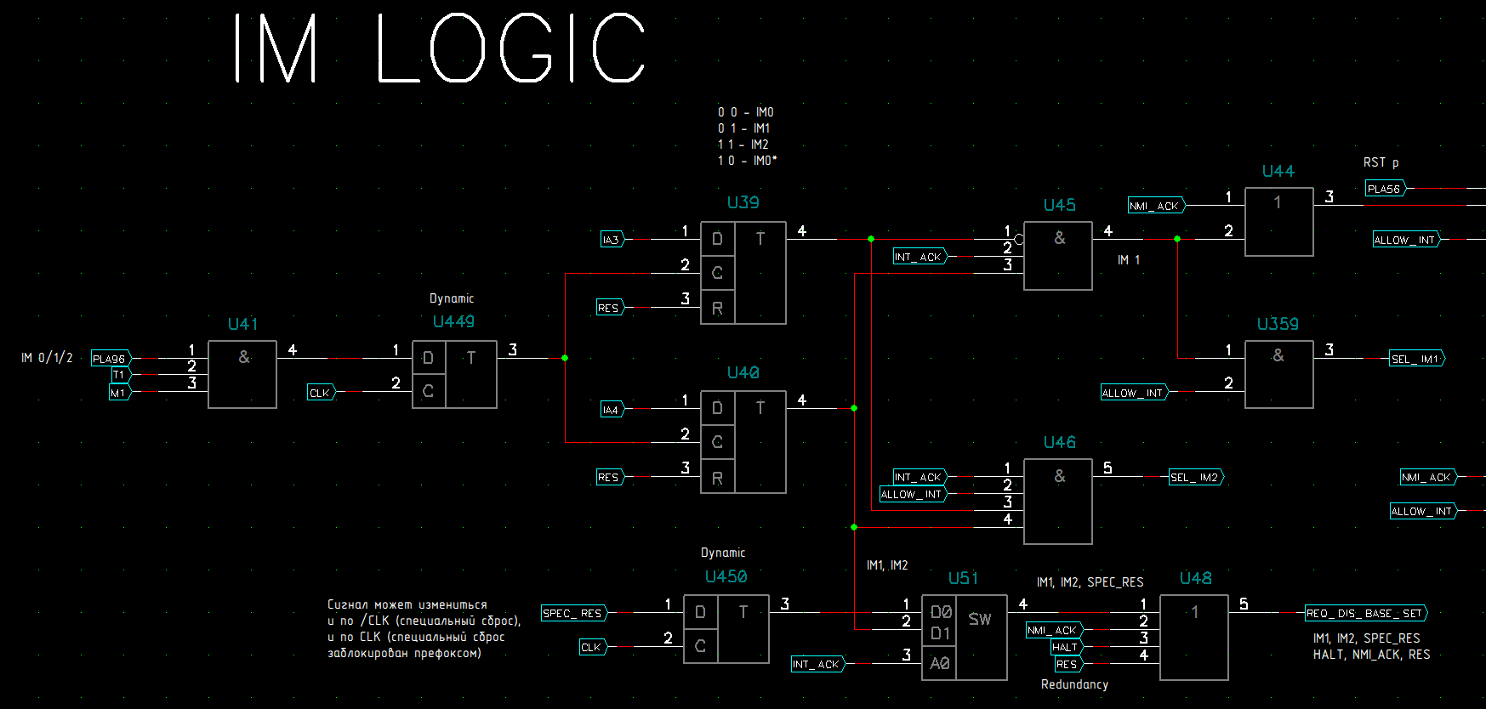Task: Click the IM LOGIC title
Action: point(439,48)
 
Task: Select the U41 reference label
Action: point(242,324)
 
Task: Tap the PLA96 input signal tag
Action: point(111,359)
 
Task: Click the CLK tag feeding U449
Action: point(321,393)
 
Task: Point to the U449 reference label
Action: point(453,321)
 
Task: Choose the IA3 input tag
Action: point(612,240)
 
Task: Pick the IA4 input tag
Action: point(612,410)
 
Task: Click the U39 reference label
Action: point(743,202)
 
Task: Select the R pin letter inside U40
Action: point(717,478)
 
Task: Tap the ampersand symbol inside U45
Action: point(1059,238)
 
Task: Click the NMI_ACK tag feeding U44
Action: point(1154,206)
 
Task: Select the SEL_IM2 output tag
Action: point(1195,477)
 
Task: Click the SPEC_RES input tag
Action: point(572,613)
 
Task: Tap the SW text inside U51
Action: point(980,619)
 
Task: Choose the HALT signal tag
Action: point(1065,647)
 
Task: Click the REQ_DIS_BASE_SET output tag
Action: point(1364,613)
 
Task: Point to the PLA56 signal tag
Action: point(1385,189)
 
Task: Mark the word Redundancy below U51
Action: point(1074,684)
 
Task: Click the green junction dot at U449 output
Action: point(565,358)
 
